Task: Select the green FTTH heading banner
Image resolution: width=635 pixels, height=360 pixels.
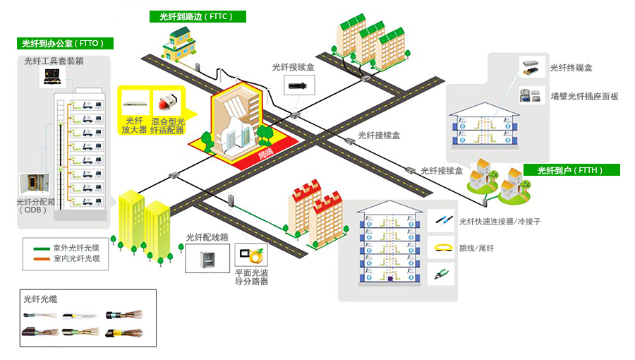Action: pos(571,170)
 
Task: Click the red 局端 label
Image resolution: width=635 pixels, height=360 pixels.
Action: pos(265,154)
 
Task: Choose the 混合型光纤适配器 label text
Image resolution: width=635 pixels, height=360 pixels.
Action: pos(168,125)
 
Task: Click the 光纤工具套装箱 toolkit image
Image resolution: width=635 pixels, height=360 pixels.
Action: pos(54,78)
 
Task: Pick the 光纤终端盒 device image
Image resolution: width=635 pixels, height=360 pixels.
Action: pos(531,68)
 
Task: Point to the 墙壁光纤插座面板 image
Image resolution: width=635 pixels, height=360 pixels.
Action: pos(531,95)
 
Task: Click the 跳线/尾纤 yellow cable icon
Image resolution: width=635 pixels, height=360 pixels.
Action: pos(441,247)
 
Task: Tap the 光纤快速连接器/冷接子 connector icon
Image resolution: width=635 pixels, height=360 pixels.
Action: pos(441,220)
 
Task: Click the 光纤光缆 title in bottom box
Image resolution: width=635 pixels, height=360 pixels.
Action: pos(42,299)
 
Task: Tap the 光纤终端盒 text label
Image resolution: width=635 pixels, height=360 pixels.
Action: pos(571,68)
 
